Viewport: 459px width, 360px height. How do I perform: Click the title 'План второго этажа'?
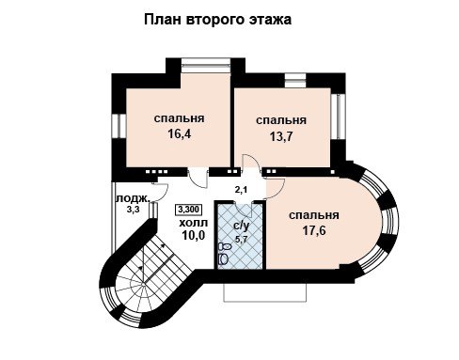click(217, 20)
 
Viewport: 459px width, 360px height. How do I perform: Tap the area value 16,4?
click(180, 133)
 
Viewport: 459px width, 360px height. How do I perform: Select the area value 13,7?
click(281, 136)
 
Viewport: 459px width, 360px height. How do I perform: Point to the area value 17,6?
click(314, 231)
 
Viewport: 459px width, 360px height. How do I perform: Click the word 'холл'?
click(193, 223)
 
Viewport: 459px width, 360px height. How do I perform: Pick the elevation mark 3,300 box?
click(188, 210)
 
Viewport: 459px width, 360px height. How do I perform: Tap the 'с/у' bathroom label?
click(242, 226)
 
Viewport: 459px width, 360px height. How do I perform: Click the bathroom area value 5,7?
click(242, 239)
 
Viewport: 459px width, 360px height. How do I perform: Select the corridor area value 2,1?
click(241, 189)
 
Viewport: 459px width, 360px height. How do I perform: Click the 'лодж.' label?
click(133, 198)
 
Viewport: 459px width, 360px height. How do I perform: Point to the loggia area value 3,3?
click(133, 210)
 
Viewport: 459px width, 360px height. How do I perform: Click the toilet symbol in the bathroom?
click(224, 254)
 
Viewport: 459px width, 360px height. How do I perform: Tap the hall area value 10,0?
click(193, 235)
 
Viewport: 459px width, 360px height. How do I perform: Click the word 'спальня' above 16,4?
click(179, 118)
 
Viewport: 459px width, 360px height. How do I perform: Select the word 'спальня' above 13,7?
click(281, 120)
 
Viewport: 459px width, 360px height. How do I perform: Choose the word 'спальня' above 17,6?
click(314, 215)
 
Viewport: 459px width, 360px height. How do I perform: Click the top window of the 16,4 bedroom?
click(206, 66)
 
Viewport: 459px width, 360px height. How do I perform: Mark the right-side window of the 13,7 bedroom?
click(338, 117)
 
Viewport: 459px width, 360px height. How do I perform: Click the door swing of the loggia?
click(160, 192)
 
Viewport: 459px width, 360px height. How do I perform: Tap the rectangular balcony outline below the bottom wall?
click(265, 292)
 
